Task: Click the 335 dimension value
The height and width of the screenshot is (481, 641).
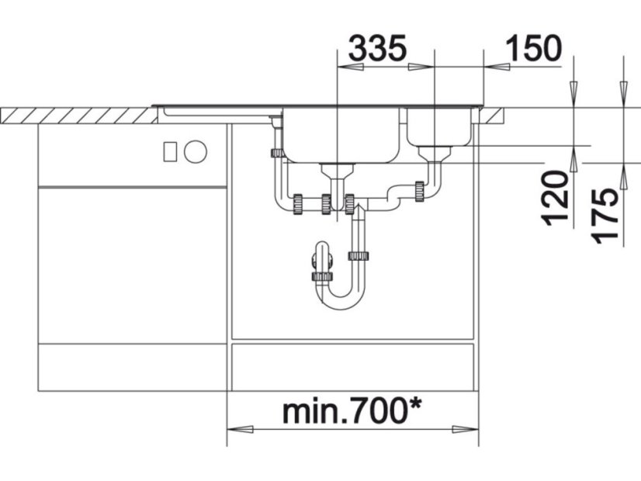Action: pyautogui.click(x=378, y=48)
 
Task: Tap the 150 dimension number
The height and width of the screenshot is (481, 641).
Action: pyautogui.click(x=534, y=48)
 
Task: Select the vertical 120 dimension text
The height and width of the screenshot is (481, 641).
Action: pyautogui.click(x=556, y=199)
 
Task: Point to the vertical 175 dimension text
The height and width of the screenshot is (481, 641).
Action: pyautogui.click(x=605, y=216)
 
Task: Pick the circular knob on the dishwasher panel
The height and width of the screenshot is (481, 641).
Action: pyautogui.click(x=196, y=151)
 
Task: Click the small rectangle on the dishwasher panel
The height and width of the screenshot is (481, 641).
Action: pyautogui.click(x=170, y=151)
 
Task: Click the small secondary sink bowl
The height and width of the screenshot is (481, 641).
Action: pyautogui.click(x=439, y=126)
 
